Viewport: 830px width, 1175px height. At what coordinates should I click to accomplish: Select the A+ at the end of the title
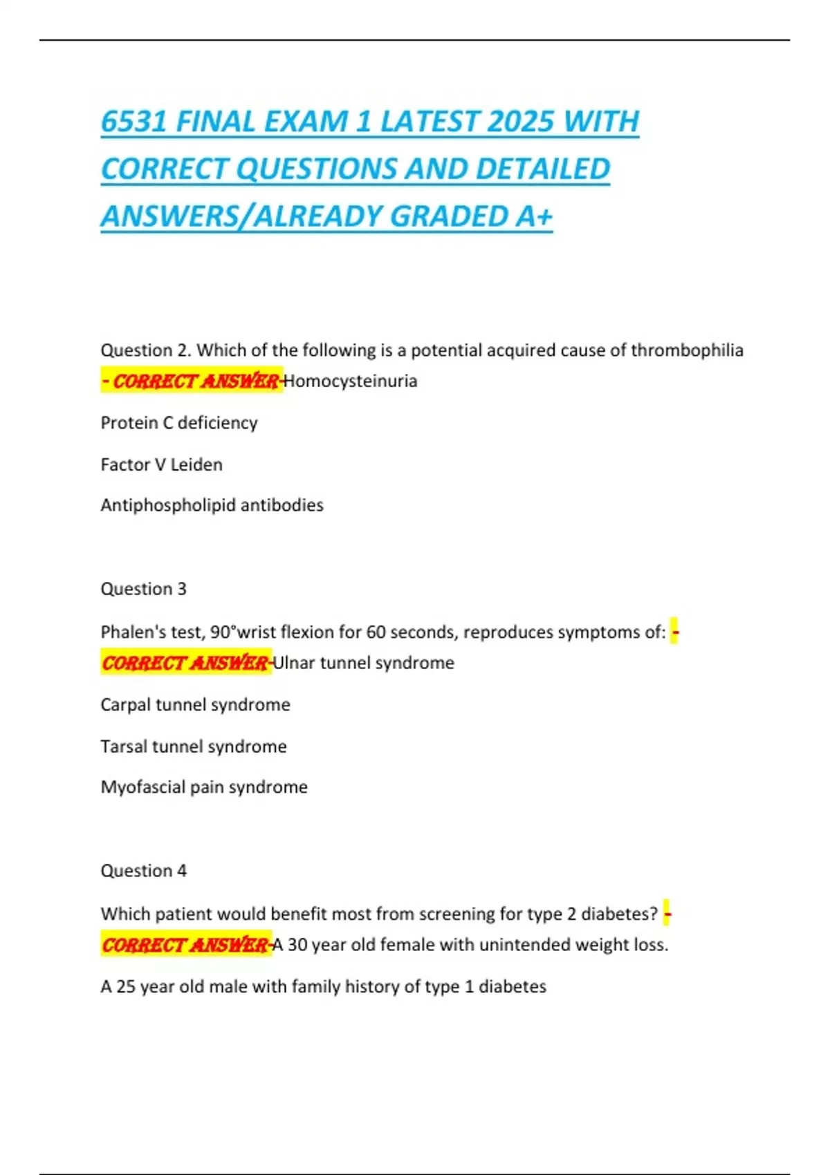coord(534,216)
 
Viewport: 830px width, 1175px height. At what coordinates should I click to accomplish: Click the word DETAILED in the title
coord(542,169)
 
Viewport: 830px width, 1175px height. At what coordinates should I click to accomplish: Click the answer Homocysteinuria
coord(351,382)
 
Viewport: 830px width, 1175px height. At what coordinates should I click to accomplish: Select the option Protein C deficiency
coord(179,423)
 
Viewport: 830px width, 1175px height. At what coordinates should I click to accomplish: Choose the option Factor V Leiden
coord(162,464)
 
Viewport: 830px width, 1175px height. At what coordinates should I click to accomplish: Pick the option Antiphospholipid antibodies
coord(212,505)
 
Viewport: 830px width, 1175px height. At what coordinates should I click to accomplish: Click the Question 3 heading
coord(144,589)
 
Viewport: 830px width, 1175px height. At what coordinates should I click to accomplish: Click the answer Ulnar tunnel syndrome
coord(364,663)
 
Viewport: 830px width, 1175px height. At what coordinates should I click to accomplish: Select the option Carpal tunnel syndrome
coord(196,705)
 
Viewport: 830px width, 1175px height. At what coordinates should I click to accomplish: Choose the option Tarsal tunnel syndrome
coord(194,746)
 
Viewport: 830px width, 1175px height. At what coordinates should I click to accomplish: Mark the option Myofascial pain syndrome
coord(204,787)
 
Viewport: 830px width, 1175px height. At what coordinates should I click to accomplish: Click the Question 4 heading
coord(144,871)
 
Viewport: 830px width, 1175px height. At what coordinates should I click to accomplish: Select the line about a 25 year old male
coord(324,986)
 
